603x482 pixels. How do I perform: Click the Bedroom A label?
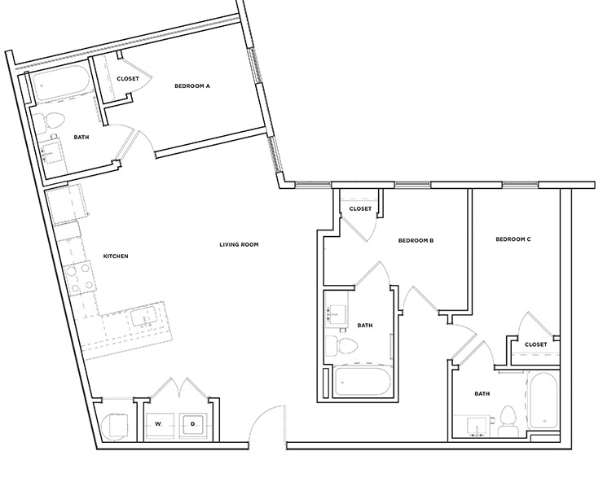coord(192,85)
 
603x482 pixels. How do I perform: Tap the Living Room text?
coord(239,244)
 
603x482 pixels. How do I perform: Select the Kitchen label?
coord(116,256)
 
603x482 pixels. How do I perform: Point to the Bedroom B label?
coord(415,240)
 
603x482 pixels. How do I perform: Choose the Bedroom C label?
coord(513,239)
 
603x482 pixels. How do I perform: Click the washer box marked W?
coord(160,424)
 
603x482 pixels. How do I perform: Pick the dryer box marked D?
coord(193,424)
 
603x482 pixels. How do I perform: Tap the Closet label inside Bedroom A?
coord(128,79)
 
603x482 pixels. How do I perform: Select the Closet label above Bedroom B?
coord(360,209)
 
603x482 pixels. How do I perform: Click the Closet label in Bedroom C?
coord(535,344)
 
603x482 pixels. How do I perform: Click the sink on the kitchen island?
coord(147,317)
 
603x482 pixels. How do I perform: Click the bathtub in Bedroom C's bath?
coord(543,403)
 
